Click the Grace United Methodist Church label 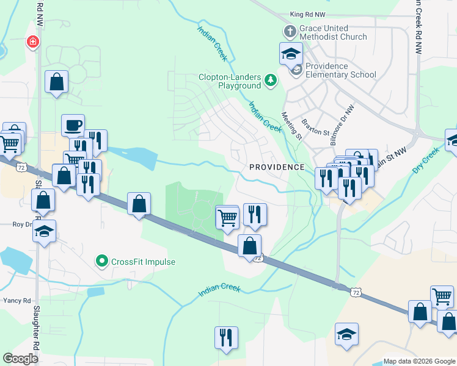click(332, 32)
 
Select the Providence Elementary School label click(340, 70)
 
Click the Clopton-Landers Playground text click(230, 82)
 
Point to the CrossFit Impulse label click(143, 262)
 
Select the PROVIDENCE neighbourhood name click(276, 167)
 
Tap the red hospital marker click(32, 42)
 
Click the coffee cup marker click(73, 125)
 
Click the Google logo click(20, 359)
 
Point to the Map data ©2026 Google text click(419, 361)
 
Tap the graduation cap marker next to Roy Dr click(45, 232)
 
